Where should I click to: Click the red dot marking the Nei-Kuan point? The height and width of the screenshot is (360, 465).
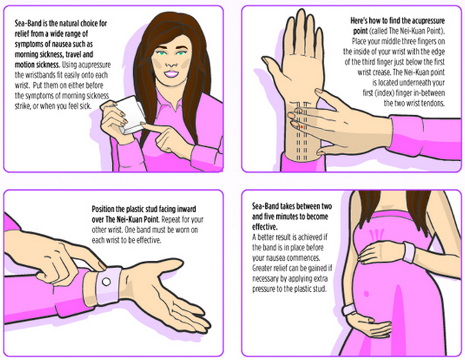click(x=302, y=127)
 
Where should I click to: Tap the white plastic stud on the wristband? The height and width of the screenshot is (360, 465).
click(x=106, y=282)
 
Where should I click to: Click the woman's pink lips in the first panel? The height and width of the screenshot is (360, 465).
click(x=171, y=74)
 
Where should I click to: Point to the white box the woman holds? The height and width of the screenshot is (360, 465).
click(x=130, y=114)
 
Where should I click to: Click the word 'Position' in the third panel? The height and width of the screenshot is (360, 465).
click(x=103, y=209)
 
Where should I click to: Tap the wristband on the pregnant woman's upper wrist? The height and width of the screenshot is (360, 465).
click(x=409, y=252)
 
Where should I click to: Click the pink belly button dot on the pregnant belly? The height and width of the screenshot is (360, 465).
click(x=366, y=294)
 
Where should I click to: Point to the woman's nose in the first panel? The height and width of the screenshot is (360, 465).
click(x=169, y=63)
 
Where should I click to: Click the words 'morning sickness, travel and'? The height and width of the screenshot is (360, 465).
click(x=54, y=55)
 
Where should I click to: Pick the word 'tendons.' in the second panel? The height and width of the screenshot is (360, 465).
click(x=434, y=103)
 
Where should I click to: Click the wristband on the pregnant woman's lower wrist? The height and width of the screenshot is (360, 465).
click(x=349, y=309)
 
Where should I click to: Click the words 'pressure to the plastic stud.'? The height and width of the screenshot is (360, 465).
click(x=289, y=289)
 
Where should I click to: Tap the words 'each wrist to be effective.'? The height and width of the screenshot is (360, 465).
click(x=126, y=240)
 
